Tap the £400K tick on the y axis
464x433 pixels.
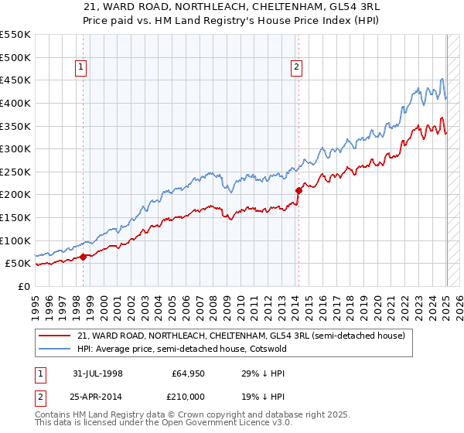(15, 103)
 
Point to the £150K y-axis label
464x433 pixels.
(15, 218)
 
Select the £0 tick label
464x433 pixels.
(23, 287)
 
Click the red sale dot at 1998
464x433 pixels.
(84, 257)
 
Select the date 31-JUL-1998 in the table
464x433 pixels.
(98, 373)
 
